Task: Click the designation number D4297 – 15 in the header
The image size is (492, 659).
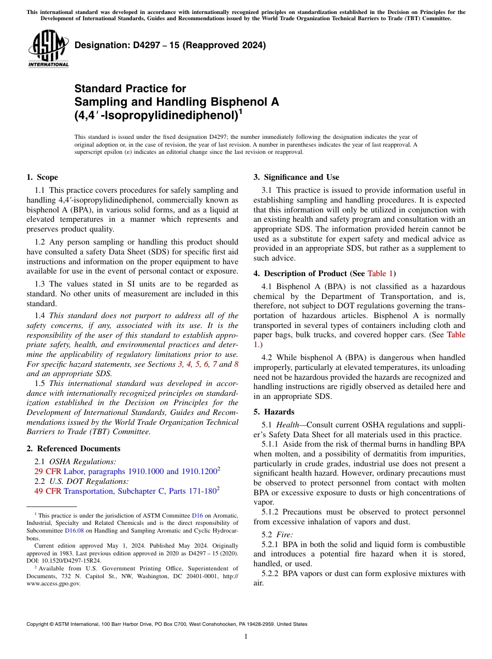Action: tap(170, 45)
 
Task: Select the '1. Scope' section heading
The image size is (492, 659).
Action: tap(42, 177)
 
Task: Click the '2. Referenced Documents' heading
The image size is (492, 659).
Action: tap(73, 449)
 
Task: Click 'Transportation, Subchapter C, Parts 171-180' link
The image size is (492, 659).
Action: tap(140, 491)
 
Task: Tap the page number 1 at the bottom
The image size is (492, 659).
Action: tap(246, 636)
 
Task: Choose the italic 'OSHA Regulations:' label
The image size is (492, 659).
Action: tap(83, 461)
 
